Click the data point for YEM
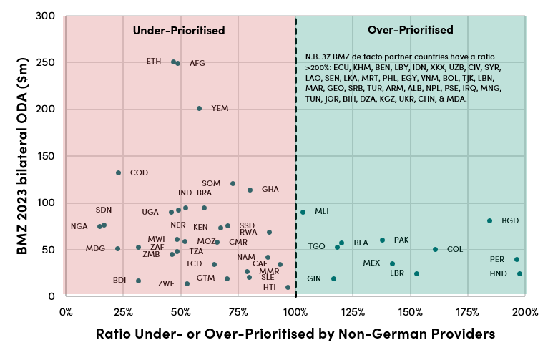tap(199, 109)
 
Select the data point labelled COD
tap(119, 172)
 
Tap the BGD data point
tap(489, 221)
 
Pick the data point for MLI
tap(303, 212)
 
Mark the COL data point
tap(435, 250)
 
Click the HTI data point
tap(288, 287)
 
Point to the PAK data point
tap(382, 240)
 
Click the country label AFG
tap(197, 63)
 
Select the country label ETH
tap(154, 61)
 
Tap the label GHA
tap(270, 190)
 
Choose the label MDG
tap(95, 248)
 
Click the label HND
tap(498, 273)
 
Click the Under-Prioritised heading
tap(179, 31)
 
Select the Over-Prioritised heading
tap(410, 31)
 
